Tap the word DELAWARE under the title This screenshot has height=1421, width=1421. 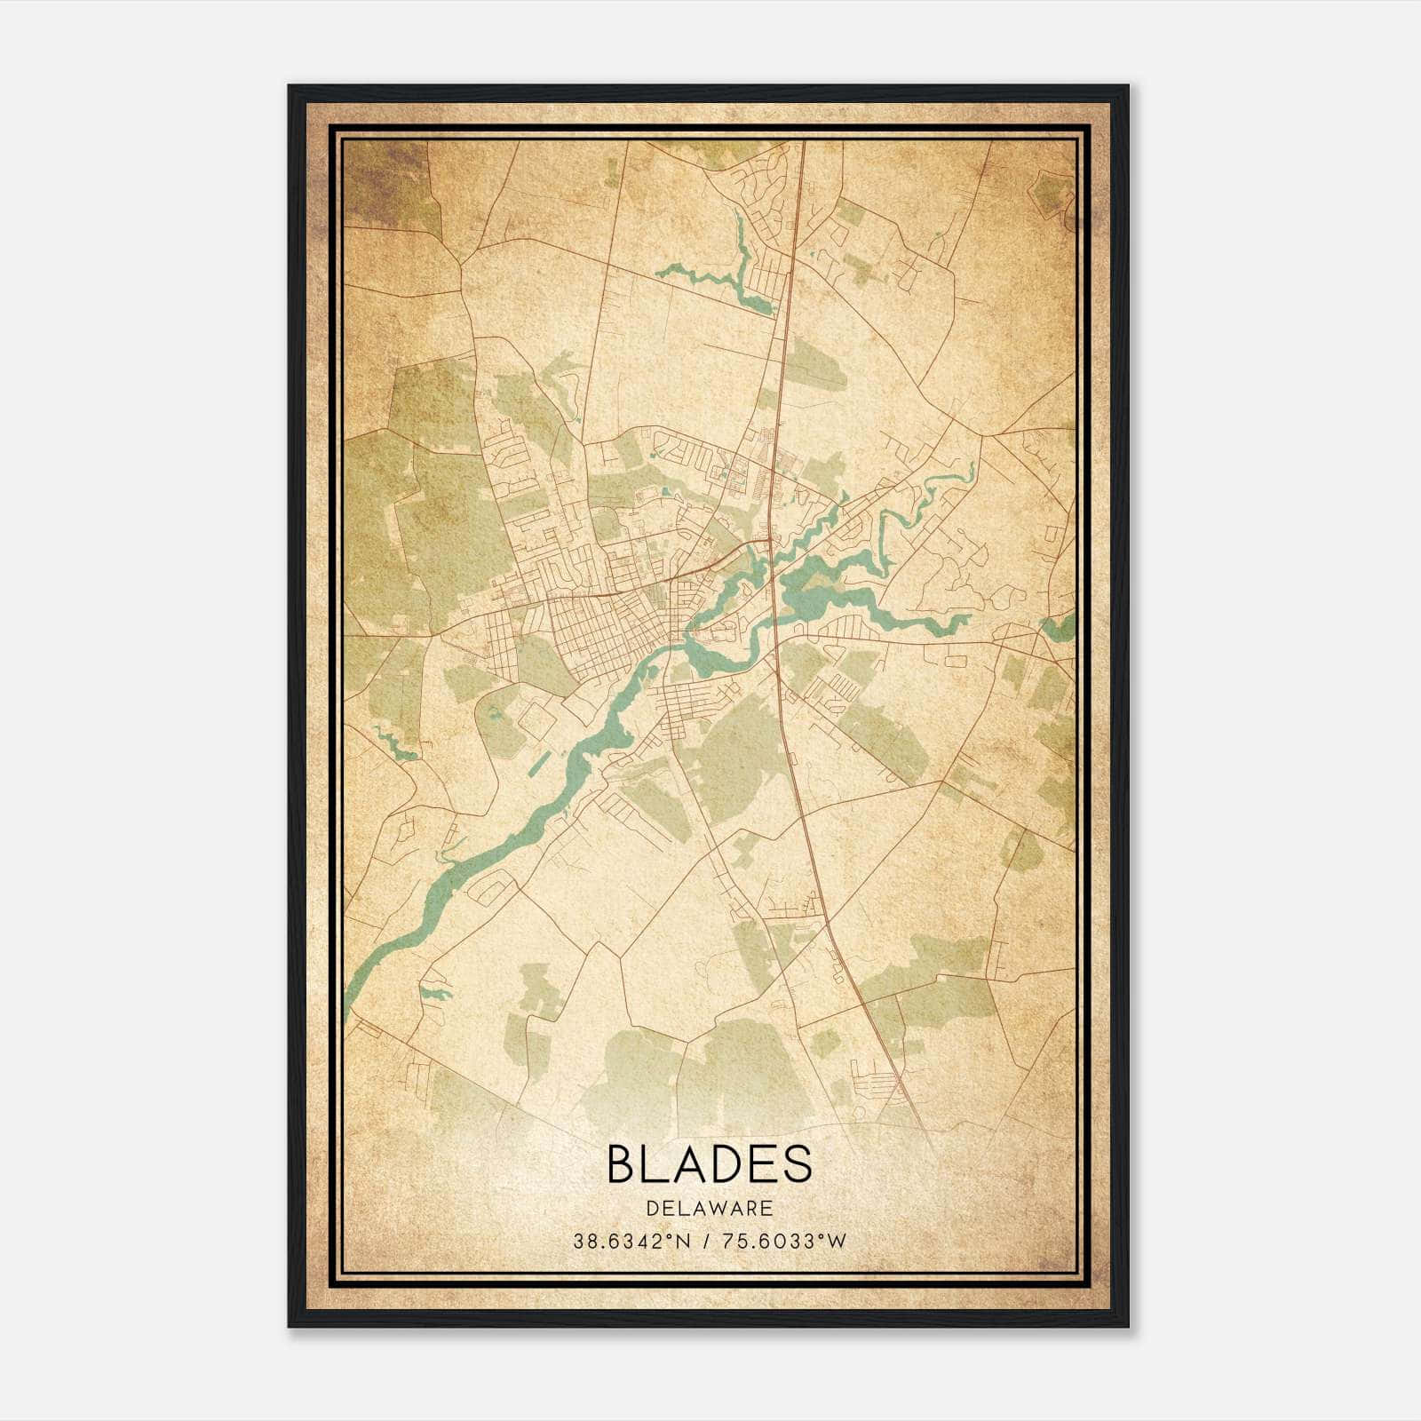point(710,1208)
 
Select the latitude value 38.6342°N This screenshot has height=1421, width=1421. point(631,1241)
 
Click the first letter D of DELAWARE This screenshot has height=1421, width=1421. point(653,1208)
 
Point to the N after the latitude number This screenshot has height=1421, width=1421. point(682,1241)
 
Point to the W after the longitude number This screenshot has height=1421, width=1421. point(837,1241)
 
